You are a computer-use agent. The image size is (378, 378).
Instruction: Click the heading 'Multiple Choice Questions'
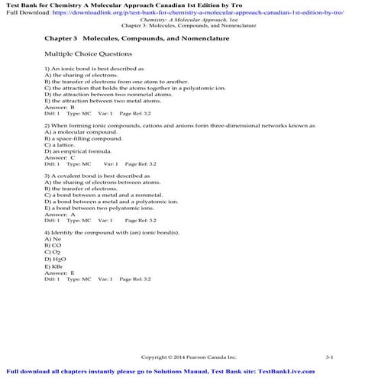point(88,54)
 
